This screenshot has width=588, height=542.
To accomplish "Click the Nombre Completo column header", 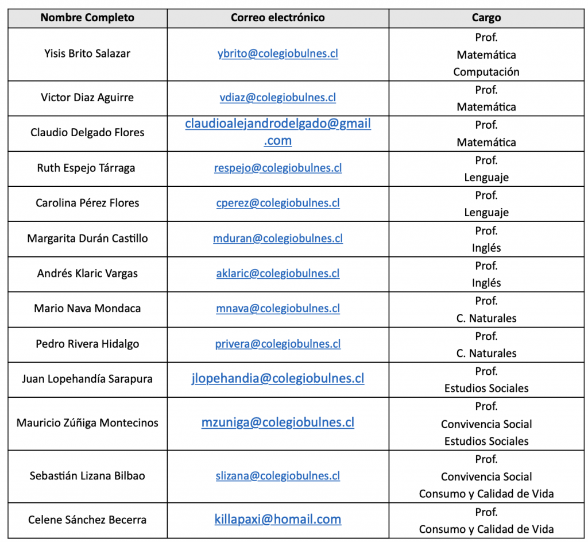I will click(87, 18).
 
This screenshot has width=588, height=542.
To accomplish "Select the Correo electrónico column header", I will click(278, 18).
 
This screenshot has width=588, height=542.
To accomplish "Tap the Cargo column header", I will click(486, 18).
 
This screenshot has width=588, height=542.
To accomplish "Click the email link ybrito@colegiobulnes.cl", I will click(278, 53).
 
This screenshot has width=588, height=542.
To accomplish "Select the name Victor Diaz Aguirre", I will click(87, 97).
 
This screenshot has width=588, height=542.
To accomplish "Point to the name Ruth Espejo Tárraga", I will click(86, 168).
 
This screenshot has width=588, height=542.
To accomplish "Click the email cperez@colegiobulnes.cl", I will click(278, 203).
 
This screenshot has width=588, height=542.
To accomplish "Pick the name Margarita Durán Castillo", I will click(87, 238).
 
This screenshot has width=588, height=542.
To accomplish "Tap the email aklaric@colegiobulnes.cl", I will click(278, 273).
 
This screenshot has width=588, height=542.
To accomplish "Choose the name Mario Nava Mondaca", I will click(87, 308).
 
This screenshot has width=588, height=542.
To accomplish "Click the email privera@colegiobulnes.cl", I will click(278, 344).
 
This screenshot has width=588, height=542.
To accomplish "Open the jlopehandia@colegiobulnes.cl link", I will click(278, 378).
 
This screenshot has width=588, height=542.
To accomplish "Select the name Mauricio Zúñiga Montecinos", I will click(87, 422).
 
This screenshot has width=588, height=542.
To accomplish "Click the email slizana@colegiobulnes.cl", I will click(278, 476).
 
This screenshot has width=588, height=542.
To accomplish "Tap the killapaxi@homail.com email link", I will click(278, 520).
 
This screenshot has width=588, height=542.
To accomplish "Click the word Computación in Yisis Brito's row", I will click(486, 72).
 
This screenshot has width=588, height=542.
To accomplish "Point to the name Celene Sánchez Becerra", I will click(87, 520).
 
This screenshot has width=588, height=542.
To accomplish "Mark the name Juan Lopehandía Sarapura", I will click(87, 379).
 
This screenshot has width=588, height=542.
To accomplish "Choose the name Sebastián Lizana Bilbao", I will click(87, 476).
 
